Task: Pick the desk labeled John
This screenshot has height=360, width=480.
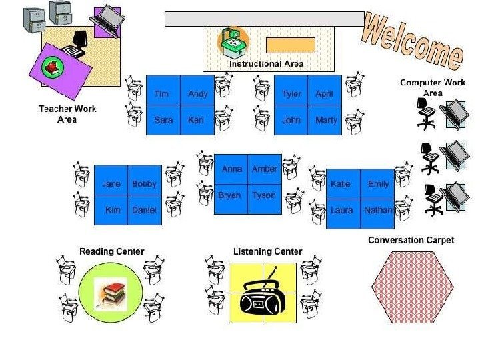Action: tap(291, 121)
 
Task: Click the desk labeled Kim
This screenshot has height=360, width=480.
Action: tap(112, 210)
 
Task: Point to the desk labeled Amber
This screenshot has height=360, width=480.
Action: tap(265, 170)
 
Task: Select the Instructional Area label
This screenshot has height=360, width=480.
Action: tap(267, 64)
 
